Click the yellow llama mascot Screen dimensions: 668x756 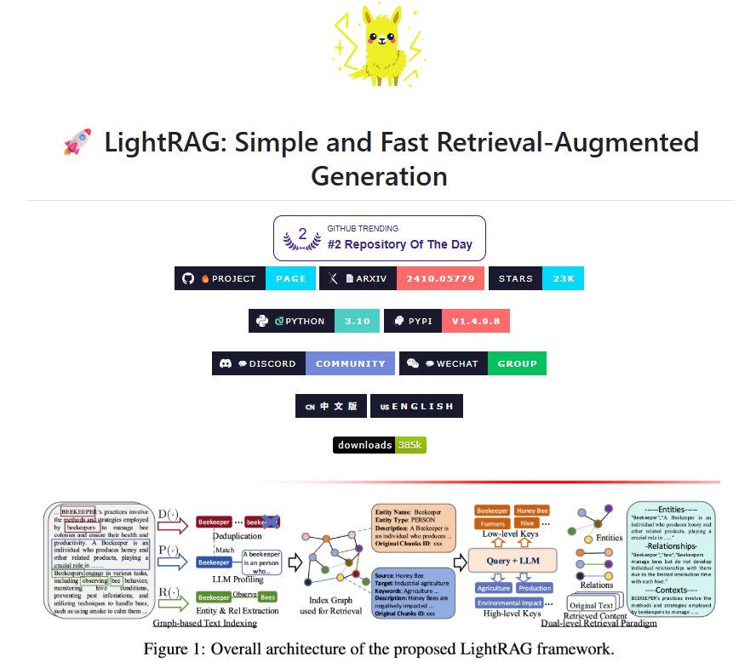click(376, 48)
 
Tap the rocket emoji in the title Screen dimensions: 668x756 click(77, 142)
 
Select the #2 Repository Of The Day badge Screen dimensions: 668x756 click(379, 237)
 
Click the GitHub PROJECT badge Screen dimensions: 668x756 click(220, 278)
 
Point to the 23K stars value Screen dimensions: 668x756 click(564, 278)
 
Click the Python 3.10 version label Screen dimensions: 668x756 click(358, 321)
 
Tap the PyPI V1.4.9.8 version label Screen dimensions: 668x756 click(476, 321)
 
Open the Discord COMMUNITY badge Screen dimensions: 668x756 click(350, 363)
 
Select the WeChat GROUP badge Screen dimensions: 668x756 click(517, 363)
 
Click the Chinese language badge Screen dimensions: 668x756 click(330, 406)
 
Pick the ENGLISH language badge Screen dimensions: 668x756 click(416, 406)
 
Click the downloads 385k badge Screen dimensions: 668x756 click(379, 445)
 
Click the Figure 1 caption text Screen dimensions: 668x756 click(379, 648)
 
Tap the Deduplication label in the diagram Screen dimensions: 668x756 click(237, 537)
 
